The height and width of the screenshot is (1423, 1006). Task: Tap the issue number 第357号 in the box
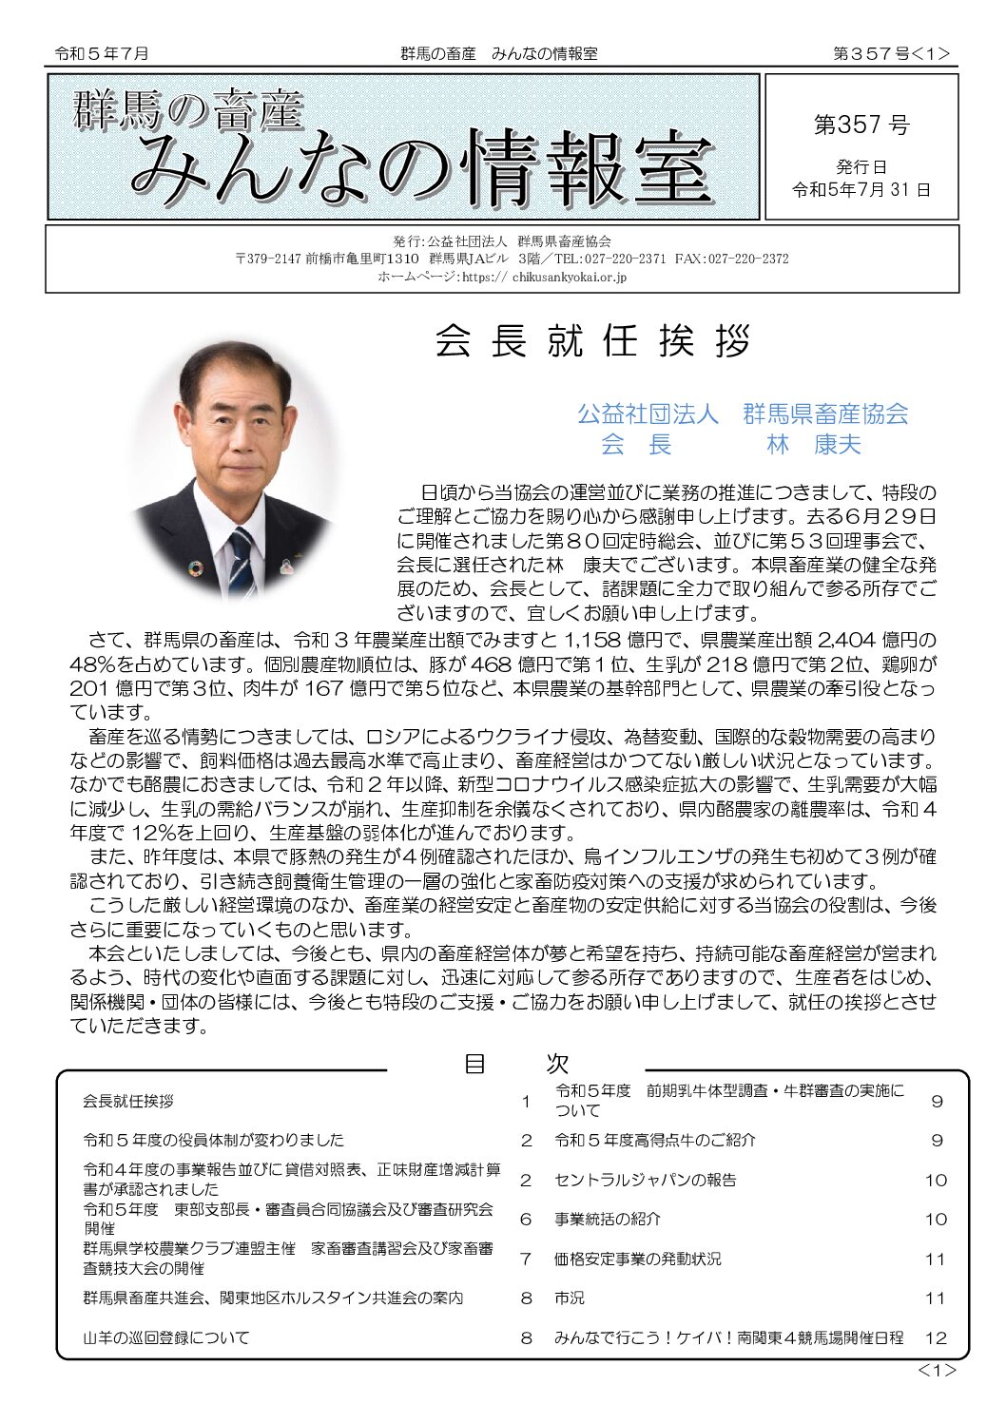pyautogui.click(x=861, y=125)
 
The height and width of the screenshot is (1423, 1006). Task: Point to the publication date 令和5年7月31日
pyautogui.click(x=861, y=189)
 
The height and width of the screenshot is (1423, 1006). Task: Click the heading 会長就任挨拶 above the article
pyautogui.click(x=593, y=341)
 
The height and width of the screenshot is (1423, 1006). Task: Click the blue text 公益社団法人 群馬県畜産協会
pyautogui.click(x=743, y=413)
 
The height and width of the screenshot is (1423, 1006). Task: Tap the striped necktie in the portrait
pyautogui.click(x=243, y=558)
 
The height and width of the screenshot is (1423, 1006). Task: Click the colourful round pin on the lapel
pyautogui.click(x=196, y=568)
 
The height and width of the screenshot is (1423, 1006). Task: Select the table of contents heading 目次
pyautogui.click(x=516, y=1064)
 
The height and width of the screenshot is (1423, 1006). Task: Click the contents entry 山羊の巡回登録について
pyautogui.click(x=166, y=1337)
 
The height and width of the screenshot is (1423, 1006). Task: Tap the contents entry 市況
pyautogui.click(x=570, y=1298)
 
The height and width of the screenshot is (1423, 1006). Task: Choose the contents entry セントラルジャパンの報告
pyautogui.click(x=646, y=1180)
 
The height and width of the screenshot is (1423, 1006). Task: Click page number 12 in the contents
pyautogui.click(x=936, y=1337)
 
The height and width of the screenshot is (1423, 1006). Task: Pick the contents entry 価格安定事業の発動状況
pyautogui.click(x=638, y=1259)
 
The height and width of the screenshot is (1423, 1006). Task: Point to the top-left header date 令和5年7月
pyautogui.click(x=102, y=54)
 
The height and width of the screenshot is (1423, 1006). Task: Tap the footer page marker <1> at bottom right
pyautogui.click(x=937, y=1370)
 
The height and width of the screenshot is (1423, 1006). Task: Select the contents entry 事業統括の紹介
pyautogui.click(x=608, y=1219)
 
